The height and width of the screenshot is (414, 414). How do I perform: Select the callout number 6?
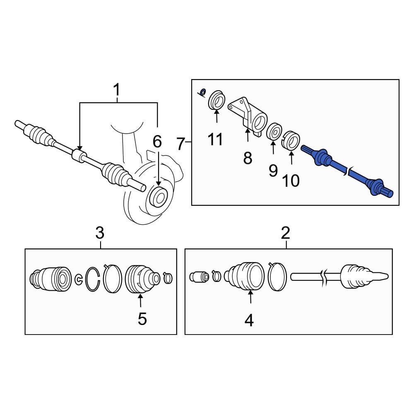pos(157,142)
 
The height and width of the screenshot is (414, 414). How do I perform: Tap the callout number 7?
pos(180,144)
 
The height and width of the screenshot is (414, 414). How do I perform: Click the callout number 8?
pos(248,157)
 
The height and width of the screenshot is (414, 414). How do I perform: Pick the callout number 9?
pos(273,170)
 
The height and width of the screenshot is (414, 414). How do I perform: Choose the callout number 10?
pos(291,181)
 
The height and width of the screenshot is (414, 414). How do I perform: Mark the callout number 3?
pos(100,233)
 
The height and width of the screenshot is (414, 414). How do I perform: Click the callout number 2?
pos(286,233)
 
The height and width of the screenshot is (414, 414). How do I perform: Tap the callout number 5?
pos(142,319)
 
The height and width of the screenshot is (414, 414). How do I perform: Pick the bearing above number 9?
pos(274,132)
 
